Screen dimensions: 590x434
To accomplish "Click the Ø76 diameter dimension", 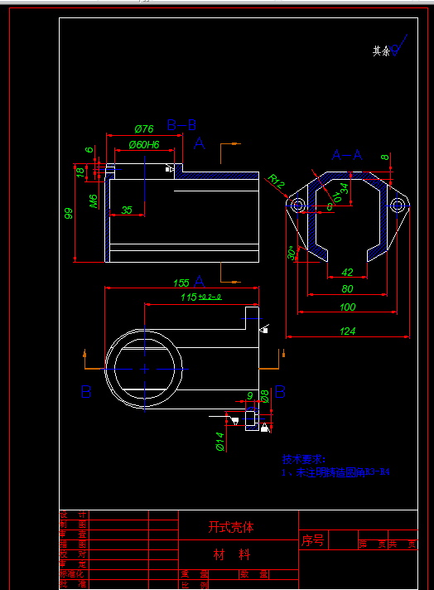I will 143,128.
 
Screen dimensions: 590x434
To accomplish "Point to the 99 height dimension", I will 69,213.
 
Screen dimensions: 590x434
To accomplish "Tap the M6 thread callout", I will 94,200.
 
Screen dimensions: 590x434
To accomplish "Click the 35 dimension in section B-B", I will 127,210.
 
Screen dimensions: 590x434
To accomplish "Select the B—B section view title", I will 181,125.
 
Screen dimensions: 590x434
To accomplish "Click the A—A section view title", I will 347,155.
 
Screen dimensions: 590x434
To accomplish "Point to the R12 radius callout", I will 276,181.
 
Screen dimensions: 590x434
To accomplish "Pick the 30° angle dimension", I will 291,253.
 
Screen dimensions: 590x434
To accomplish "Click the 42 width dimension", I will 347,272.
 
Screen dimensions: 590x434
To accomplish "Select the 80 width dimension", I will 347,288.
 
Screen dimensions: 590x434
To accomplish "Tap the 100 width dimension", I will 348,307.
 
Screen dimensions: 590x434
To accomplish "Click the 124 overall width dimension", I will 348,331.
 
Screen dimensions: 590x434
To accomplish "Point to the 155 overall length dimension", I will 181,283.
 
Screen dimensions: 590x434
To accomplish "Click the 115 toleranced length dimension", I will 200,297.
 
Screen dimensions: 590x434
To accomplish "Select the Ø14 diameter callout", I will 220,442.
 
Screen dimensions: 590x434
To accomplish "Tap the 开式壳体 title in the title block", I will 230,527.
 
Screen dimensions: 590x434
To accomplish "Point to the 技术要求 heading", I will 304,458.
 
